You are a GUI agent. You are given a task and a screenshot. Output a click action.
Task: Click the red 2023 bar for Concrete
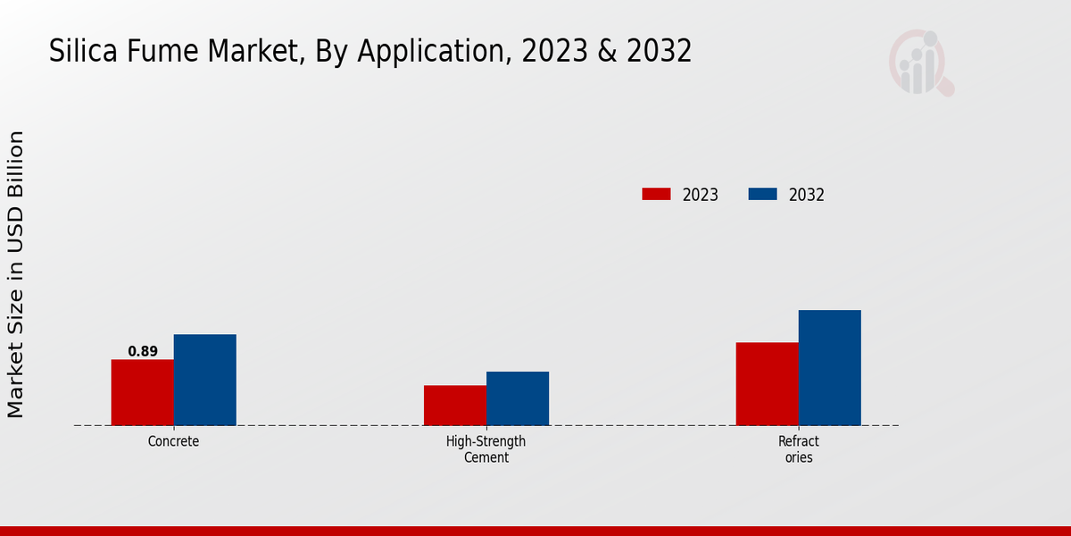click(143, 392)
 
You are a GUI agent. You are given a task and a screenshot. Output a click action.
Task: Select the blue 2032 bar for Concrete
click(205, 380)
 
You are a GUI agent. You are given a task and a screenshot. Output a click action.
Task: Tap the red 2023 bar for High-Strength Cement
click(455, 405)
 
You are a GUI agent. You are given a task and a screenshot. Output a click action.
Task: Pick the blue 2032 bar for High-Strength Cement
click(518, 398)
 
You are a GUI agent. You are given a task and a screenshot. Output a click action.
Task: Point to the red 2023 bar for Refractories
click(768, 383)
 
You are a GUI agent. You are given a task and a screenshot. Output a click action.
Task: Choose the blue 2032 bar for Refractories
click(830, 367)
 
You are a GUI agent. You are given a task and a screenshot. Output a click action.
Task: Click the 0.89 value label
click(143, 351)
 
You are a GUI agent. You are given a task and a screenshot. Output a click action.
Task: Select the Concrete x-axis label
click(173, 441)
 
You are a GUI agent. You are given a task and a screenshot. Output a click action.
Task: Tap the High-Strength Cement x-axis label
click(486, 449)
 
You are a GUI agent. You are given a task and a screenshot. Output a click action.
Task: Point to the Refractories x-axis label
click(798, 449)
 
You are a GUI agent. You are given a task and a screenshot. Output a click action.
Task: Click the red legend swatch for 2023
click(656, 194)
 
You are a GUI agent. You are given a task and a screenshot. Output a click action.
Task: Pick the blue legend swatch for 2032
click(762, 194)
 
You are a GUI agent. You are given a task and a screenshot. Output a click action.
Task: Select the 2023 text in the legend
click(701, 195)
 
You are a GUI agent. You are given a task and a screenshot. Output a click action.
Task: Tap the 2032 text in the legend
click(807, 195)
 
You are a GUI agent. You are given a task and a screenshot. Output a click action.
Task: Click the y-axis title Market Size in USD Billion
click(16, 274)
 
